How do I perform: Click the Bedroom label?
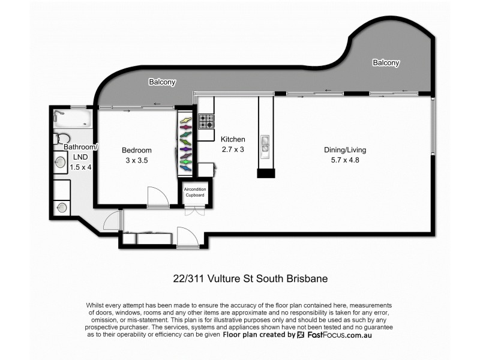137,150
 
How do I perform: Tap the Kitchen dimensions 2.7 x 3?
232,149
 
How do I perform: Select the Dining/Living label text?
345,150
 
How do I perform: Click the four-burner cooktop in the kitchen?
206,122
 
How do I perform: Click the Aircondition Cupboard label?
194,193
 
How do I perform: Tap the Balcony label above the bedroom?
162,82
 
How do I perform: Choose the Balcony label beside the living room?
386,62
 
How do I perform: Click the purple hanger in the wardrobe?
185,149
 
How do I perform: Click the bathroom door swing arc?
112,220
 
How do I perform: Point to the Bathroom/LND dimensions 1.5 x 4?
80,167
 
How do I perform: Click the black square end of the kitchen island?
266,173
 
